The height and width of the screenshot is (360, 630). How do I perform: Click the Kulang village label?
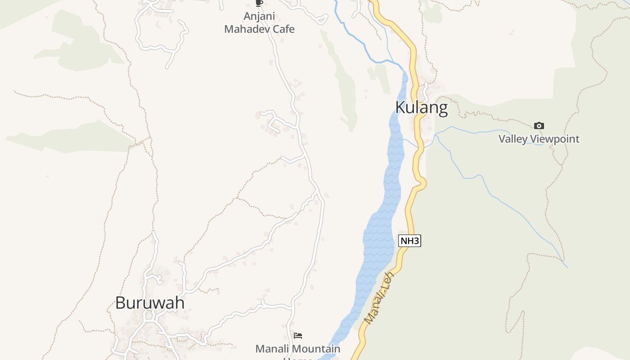tap(421, 108)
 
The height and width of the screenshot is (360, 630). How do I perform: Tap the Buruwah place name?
tap(150, 303)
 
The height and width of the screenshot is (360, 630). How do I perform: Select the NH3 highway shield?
tap(409, 241)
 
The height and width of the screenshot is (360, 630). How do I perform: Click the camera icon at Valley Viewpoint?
tap(539, 126)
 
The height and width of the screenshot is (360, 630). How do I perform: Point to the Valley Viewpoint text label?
tap(539, 139)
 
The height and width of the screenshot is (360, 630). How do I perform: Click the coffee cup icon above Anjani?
tap(259, 3)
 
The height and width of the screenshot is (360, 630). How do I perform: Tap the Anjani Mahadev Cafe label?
tap(259, 23)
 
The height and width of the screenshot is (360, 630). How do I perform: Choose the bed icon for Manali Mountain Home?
tap(298, 335)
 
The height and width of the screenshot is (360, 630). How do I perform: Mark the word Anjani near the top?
tap(259, 16)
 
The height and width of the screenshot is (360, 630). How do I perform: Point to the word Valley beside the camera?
tap(513, 139)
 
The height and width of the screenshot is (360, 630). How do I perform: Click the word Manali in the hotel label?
tap(270, 349)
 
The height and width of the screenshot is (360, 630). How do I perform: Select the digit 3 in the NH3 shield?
tap(416, 241)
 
